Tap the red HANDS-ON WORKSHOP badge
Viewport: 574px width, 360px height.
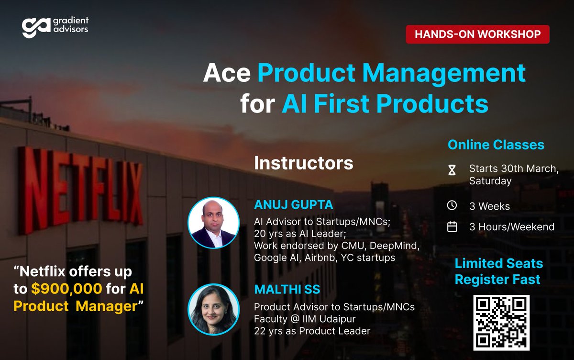coord(477,34)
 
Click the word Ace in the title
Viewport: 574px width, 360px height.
coord(227,73)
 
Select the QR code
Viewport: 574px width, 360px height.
coord(501,322)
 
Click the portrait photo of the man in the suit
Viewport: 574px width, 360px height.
coord(213,223)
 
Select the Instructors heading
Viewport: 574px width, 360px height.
coord(304,163)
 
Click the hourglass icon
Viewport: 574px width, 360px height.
coord(452,169)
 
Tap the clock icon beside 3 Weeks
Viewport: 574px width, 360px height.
coord(452,206)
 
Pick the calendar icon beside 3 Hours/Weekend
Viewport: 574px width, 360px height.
coord(452,227)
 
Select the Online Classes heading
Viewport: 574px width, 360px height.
coord(496,145)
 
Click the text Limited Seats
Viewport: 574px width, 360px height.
coord(498,263)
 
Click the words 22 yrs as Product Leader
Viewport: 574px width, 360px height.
coord(312,330)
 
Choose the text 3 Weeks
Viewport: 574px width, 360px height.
coord(489,206)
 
